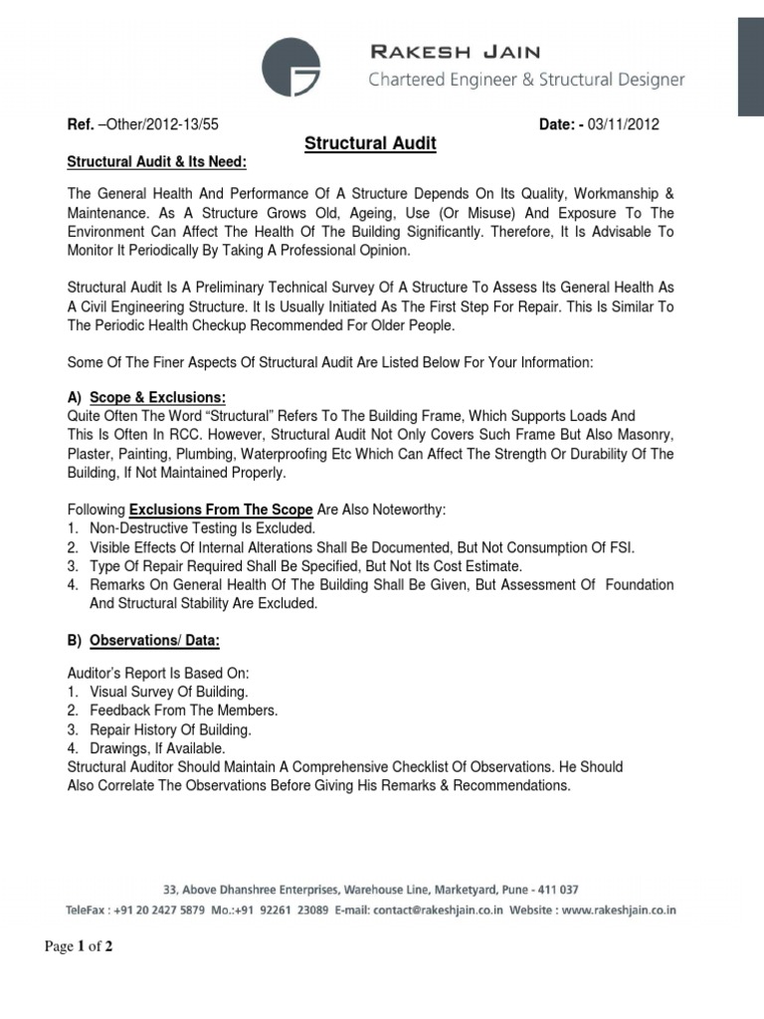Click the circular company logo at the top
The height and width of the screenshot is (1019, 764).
pyautogui.click(x=291, y=67)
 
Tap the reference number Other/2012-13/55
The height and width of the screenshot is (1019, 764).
pyautogui.click(x=159, y=124)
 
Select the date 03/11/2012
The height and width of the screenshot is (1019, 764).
pyautogui.click(x=622, y=124)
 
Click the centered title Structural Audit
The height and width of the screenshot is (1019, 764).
pyautogui.click(x=370, y=144)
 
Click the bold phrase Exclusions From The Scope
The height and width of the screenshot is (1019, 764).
pyautogui.click(x=221, y=509)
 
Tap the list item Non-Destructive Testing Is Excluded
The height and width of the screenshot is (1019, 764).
pyautogui.click(x=202, y=528)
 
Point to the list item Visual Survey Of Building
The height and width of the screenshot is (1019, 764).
pyautogui.click(x=169, y=692)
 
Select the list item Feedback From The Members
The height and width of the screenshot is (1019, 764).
pyautogui.click(x=183, y=711)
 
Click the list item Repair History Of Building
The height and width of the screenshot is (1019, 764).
pyautogui.click(x=170, y=729)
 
